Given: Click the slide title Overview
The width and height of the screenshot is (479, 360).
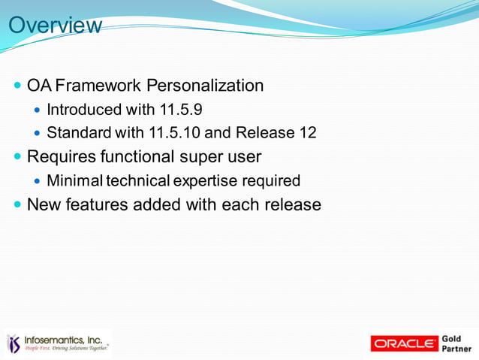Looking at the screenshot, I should pos(55,26).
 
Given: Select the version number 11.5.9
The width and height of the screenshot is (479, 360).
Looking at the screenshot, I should pos(180,110).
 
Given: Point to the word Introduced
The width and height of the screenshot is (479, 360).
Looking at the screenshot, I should pos(84,110).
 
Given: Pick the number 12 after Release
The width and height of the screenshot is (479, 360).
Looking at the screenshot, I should pos(307,133).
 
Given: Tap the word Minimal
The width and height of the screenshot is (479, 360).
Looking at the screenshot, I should pos(75,180).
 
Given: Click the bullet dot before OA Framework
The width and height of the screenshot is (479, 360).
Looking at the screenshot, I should pos(17,86).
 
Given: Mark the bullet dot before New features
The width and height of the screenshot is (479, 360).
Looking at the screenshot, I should pos(17,204).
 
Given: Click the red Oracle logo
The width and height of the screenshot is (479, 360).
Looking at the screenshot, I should pos(405,343).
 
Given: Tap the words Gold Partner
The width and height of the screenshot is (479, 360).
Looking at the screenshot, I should pos(456,343).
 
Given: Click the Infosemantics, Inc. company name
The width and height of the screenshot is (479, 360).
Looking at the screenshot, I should pos(63,340).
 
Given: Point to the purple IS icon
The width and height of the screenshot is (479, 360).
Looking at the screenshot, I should pos(14,343).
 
